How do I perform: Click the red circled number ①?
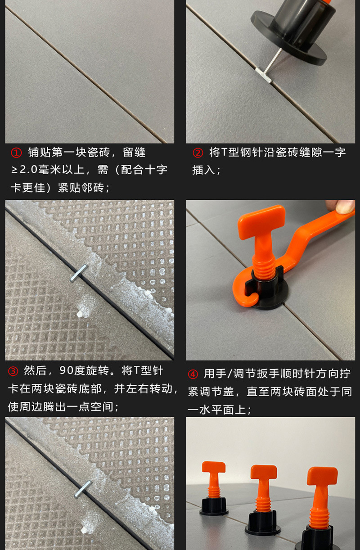(16, 153)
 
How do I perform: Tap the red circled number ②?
(198, 153)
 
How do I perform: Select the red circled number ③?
(13, 371)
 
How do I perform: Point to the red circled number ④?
(193, 374)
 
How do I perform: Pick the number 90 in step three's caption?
(67, 371)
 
